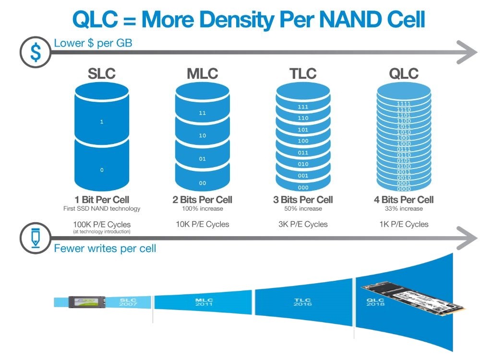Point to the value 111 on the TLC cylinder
[x=303, y=107]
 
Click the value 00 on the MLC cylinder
[x=203, y=183]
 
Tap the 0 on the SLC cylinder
[x=102, y=170]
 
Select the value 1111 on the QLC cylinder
[x=404, y=104]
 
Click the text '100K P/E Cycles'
[x=102, y=224]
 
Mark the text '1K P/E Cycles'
[x=404, y=224]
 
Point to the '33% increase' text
[x=404, y=209]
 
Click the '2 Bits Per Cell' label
[x=202, y=200]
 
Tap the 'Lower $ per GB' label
[x=93, y=43]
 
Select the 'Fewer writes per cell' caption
[x=105, y=249]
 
